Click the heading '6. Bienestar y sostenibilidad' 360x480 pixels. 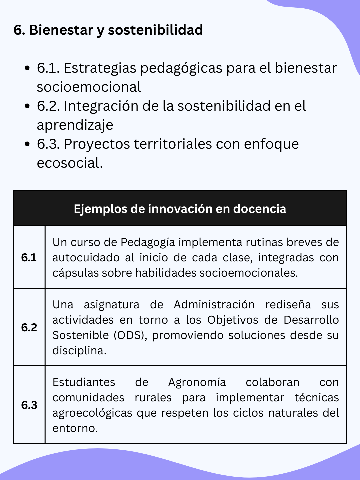(108, 30)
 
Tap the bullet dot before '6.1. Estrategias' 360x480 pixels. (28, 68)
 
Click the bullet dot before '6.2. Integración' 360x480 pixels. (28, 106)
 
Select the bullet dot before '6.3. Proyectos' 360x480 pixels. (28, 144)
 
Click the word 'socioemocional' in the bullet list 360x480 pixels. (89, 87)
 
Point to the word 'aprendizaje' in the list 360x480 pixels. (75, 125)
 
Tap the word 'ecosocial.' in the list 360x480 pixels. (70, 163)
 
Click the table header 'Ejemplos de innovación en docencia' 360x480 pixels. (180, 209)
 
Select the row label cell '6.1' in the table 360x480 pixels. (29, 257)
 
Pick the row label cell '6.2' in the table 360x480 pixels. (29, 327)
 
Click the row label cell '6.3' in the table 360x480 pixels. (29, 405)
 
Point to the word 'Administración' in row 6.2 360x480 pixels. (214, 305)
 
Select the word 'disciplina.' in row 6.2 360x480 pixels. (79, 351)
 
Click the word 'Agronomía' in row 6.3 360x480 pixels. (197, 382)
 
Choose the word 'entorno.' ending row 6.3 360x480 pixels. (75, 428)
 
